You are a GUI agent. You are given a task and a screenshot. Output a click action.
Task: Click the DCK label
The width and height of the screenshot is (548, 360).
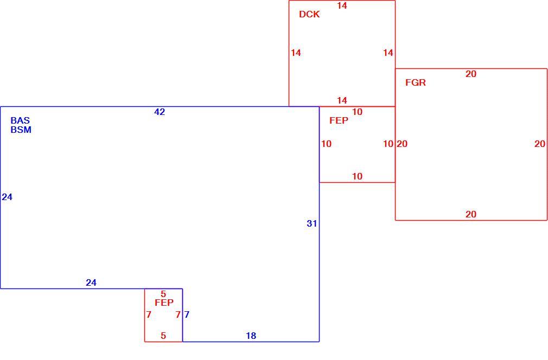(309, 14)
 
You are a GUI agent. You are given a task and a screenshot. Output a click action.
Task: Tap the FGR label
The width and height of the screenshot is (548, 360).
(416, 83)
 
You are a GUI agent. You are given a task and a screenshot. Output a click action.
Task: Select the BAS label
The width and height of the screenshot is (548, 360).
(20, 120)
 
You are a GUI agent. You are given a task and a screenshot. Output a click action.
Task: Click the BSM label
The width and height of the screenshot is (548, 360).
(21, 130)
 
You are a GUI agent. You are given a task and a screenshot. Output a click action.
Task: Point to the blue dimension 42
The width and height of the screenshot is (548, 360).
(160, 112)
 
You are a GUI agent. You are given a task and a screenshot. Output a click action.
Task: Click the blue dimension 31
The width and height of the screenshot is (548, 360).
(312, 223)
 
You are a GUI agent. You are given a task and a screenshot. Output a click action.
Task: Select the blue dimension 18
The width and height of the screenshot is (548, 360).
(251, 336)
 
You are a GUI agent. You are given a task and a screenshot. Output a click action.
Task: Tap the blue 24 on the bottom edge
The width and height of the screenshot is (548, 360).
(91, 282)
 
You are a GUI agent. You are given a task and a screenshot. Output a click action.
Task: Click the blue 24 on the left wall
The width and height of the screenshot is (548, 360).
(7, 197)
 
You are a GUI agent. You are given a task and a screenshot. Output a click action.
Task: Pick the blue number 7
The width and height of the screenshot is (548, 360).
(187, 314)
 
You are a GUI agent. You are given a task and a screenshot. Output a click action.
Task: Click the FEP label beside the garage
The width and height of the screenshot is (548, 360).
(339, 120)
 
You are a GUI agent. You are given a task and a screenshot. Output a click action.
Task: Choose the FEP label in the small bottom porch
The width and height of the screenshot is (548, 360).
(164, 303)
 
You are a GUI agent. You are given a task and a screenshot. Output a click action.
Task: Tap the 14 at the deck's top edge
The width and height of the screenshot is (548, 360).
(342, 5)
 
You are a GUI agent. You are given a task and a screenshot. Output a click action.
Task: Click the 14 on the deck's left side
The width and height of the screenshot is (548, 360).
(296, 53)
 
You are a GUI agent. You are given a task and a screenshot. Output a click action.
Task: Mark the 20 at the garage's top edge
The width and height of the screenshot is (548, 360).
(471, 74)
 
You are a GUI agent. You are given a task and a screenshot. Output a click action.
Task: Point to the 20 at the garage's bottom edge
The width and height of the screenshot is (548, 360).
(471, 214)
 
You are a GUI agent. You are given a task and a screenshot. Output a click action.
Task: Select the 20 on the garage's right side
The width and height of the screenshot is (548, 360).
(540, 144)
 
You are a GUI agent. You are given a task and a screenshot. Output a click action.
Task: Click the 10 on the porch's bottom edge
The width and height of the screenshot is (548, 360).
(357, 176)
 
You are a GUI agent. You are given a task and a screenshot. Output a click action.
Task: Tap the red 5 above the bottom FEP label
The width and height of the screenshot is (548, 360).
(163, 294)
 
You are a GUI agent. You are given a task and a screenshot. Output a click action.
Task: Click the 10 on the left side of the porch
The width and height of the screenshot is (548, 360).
(326, 144)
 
